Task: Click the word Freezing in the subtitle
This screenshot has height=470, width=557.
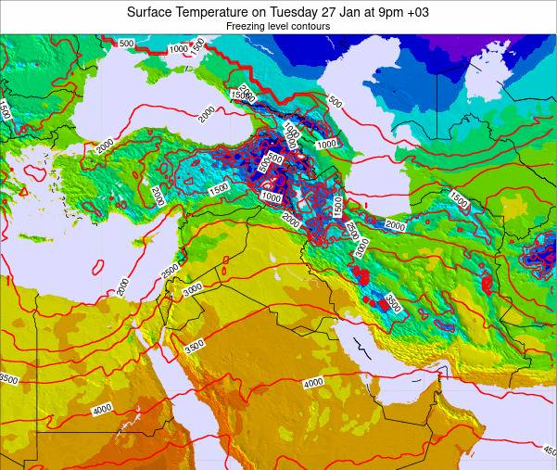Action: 247,27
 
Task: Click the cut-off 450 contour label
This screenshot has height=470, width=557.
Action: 550,451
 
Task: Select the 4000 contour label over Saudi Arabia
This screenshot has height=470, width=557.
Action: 312,382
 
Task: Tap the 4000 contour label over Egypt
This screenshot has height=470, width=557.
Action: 102,409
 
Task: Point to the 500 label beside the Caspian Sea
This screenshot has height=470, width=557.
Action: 335,103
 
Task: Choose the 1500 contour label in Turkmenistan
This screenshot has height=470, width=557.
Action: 459,197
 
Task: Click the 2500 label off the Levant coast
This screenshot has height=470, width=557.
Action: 170,270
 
